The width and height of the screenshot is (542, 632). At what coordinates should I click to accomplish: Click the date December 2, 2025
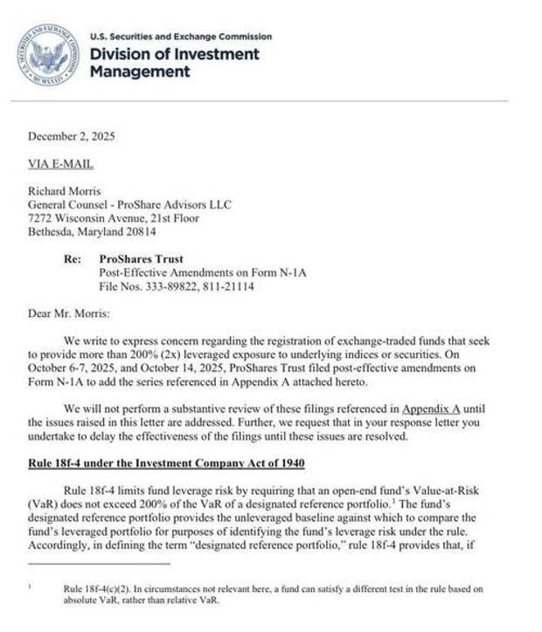pyautogui.click(x=71, y=136)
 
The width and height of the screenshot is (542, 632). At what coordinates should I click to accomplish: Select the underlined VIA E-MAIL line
pyautogui.click(x=60, y=164)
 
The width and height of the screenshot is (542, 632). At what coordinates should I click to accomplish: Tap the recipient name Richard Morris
pyautogui.click(x=64, y=191)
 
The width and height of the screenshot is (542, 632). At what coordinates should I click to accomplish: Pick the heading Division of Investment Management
pyautogui.click(x=175, y=63)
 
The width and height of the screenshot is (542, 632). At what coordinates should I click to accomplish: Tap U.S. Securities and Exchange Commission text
pyautogui.click(x=181, y=37)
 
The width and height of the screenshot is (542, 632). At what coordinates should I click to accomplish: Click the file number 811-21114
pyautogui.click(x=227, y=286)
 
